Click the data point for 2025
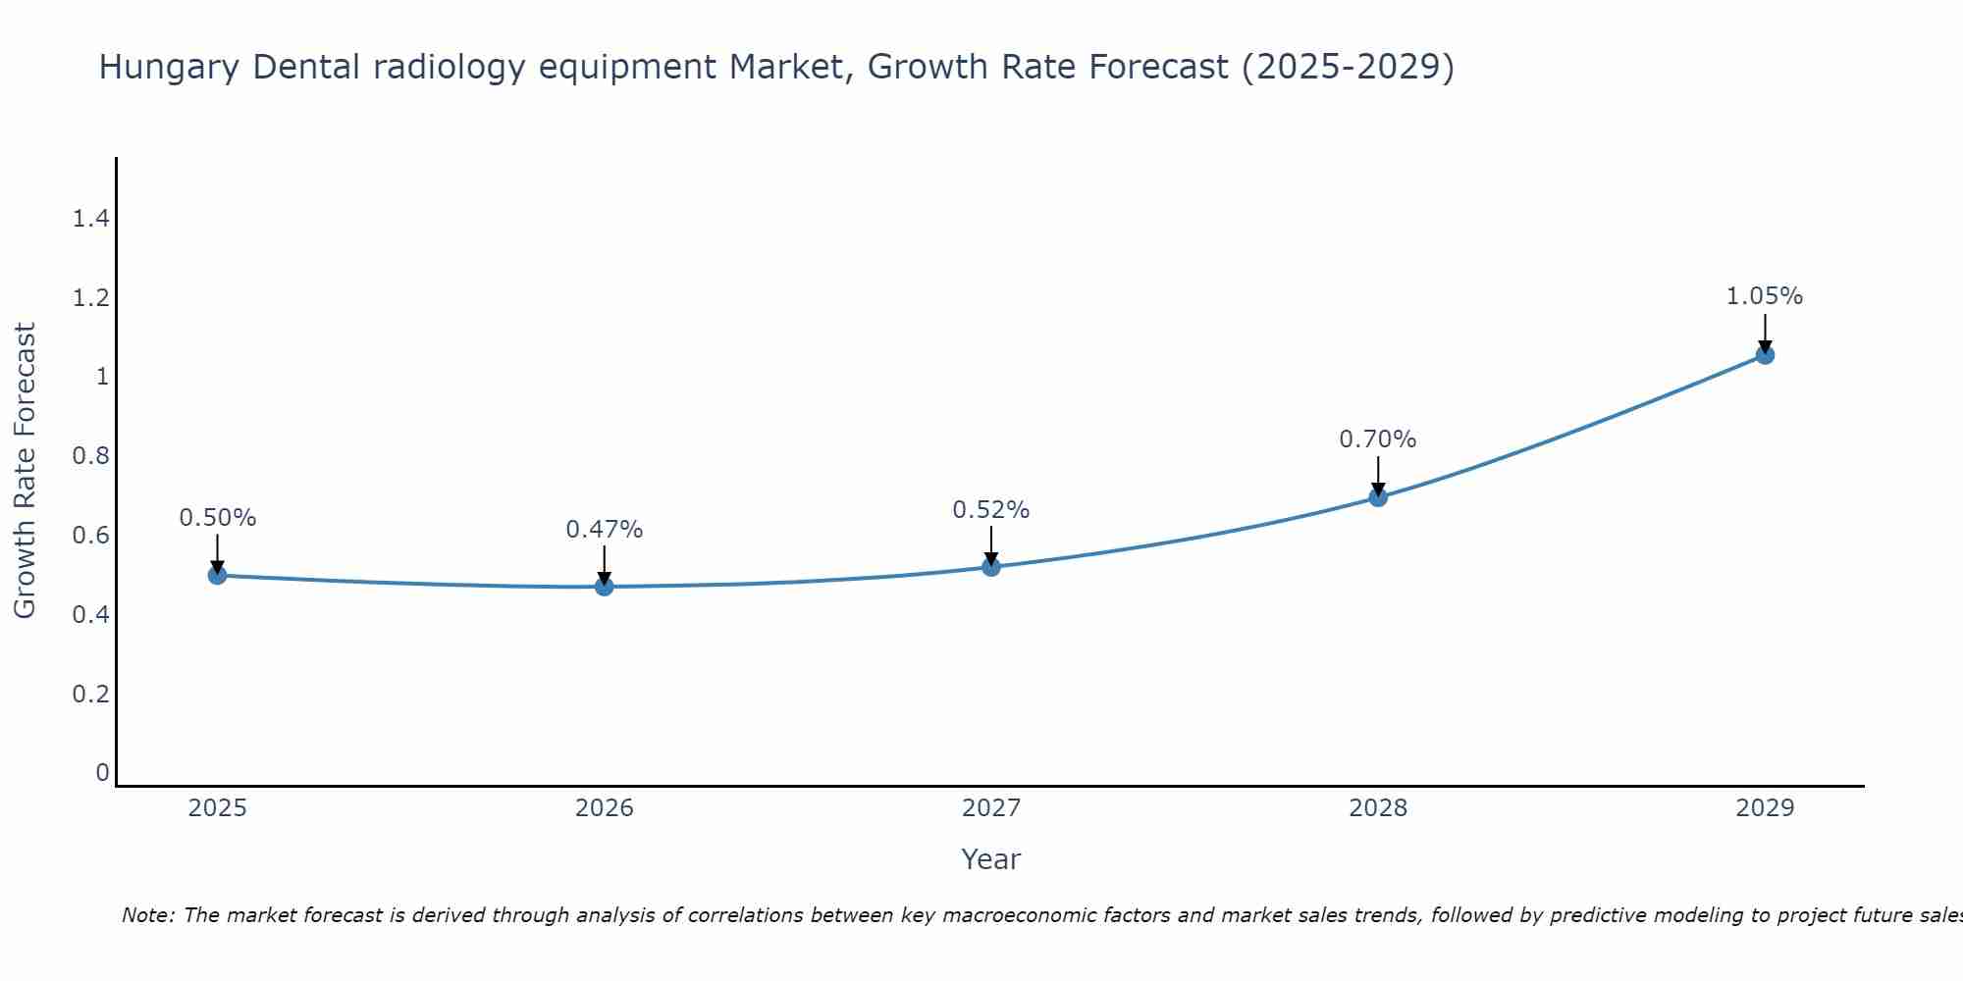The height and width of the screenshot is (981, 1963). click(x=218, y=575)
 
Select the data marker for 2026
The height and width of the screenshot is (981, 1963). click(x=605, y=587)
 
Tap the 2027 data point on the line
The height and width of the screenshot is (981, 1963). click(x=991, y=567)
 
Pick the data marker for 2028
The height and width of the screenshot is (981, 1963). click(x=1378, y=497)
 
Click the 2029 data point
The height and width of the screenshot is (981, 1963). click(x=1765, y=355)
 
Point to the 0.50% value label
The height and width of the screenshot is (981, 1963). click(x=218, y=518)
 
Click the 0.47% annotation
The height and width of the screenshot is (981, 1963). click(x=605, y=530)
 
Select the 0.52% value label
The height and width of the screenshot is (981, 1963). click(x=991, y=510)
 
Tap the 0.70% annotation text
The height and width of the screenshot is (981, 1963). click(x=1378, y=439)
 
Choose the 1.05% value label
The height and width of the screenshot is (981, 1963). click(x=1765, y=296)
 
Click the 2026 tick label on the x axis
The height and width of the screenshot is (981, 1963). click(x=605, y=808)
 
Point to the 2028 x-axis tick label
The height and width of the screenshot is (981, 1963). click(x=1378, y=808)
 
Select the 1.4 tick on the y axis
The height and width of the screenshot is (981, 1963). click(x=90, y=219)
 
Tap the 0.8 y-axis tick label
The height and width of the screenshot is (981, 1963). click(x=90, y=456)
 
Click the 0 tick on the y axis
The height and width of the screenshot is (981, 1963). click(x=102, y=773)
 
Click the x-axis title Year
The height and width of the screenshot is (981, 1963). click(x=991, y=859)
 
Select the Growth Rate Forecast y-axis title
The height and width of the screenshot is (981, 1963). click(x=25, y=471)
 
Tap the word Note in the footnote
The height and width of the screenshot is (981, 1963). click(x=147, y=915)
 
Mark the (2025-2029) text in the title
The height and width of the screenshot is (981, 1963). click(x=1348, y=68)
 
